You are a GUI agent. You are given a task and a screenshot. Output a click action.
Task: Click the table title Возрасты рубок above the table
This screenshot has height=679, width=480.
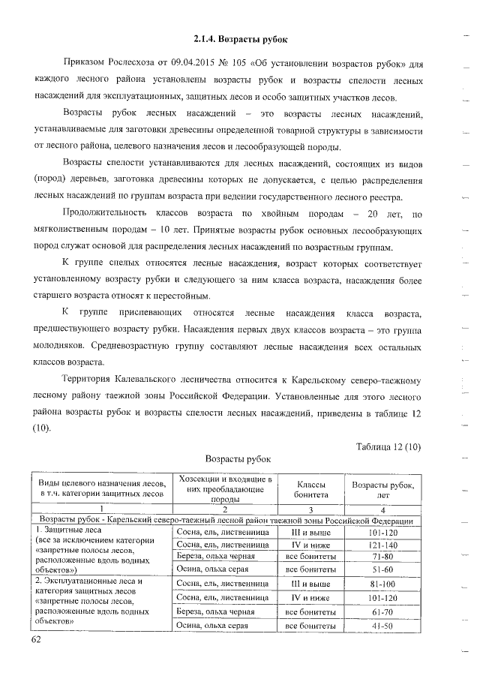pyautogui.click(x=238, y=458)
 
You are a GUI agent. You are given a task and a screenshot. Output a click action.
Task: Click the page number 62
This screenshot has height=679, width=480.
pyautogui.click(x=37, y=638)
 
